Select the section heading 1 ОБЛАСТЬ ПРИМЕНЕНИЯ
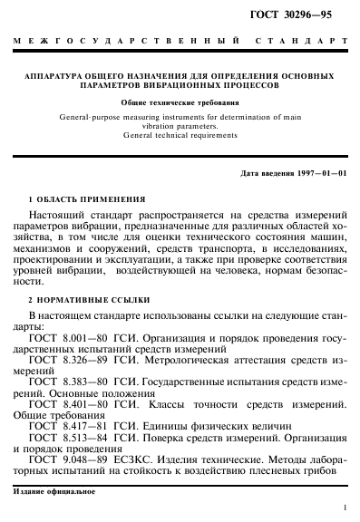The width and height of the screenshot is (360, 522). [86, 197]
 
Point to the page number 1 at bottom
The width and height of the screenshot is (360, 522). [345, 509]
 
